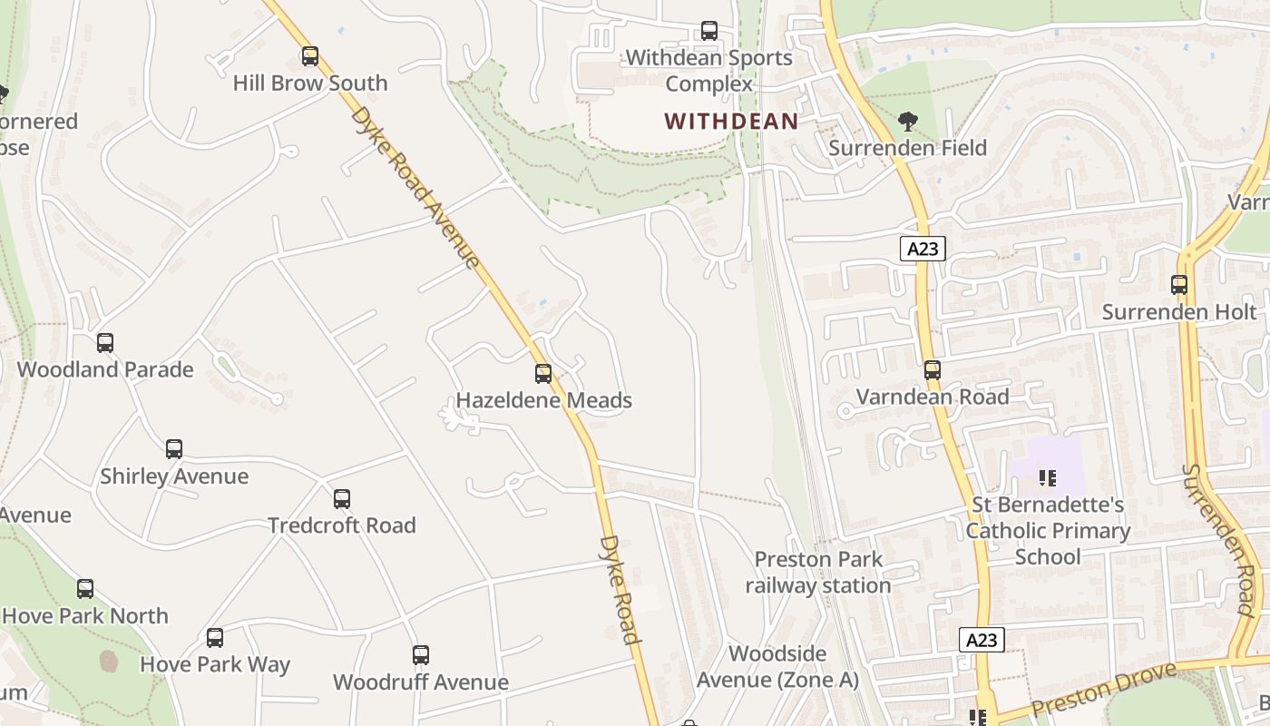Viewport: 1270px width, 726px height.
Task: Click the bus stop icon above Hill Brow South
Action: coord(310,57)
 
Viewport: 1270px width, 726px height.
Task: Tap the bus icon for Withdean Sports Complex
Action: coord(709,32)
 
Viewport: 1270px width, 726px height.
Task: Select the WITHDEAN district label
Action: coord(731,121)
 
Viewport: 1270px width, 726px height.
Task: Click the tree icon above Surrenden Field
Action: coord(906,122)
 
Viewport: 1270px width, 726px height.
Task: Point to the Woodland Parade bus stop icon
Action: coord(105,343)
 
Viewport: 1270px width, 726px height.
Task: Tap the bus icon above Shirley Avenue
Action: coord(174,449)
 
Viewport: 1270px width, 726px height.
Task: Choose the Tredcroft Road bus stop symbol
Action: coord(342,498)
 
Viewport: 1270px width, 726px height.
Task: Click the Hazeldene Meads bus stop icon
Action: coord(543,373)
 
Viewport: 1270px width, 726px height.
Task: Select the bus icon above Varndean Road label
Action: coord(933,370)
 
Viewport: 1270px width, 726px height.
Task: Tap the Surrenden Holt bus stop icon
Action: coord(1179,285)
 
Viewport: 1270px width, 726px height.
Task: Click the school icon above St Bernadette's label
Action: coord(1048,477)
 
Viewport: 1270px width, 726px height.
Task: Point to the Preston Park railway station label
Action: coord(818,573)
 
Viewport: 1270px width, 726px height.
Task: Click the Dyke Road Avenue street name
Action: coord(415,188)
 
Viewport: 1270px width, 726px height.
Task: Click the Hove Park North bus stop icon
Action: coord(85,589)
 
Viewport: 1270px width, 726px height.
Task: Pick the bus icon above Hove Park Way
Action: coord(215,638)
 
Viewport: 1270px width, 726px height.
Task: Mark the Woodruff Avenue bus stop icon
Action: coord(421,655)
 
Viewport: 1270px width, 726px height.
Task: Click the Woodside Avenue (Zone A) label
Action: coord(777,666)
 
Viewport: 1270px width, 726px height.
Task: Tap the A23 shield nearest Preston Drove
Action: coord(981,640)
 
